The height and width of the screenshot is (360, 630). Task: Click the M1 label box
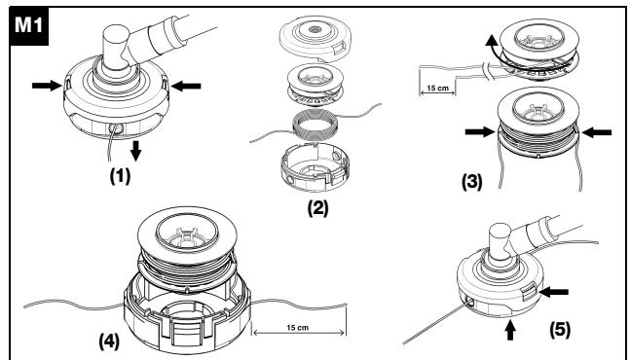pyautogui.click(x=29, y=26)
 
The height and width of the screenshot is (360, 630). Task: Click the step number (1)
pyautogui.click(x=120, y=176)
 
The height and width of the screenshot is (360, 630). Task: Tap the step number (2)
pyautogui.click(x=317, y=208)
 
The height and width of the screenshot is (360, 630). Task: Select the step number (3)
pyautogui.click(x=471, y=181)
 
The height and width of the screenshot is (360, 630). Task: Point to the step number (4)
pyautogui.click(x=109, y=342)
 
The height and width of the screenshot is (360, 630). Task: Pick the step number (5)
pyautogui.click(x=560, y=330)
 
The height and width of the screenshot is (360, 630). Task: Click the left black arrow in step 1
pyautogui.click(x=47, y=85)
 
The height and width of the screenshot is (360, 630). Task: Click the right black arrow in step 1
pyautogui.click(x=186, y=86)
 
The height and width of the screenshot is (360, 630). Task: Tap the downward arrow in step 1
pyautogui.click(x=136, y=151)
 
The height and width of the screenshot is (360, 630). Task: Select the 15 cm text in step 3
pyautogui.click(x=437, y=89)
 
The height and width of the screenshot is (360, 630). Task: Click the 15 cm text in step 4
pyautogui.click(x=298, y=328)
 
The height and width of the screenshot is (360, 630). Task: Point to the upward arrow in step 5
pyautogui.click(x=510, y=330)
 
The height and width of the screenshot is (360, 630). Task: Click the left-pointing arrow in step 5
pyautogui.click(x=553, y=292)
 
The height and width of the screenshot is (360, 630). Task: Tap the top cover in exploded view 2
pyautogui.click(x=315, y=38)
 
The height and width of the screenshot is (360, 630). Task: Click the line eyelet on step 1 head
pyautogui.click(x=116, y=128)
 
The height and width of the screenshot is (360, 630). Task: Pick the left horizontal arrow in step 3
pyautogui.click(x=480, y=131)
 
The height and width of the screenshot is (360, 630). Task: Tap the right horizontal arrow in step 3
pyautogui.click(x=597, y=131)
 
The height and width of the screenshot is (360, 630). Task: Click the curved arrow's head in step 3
pyautogui.click(x=491, y=40)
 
